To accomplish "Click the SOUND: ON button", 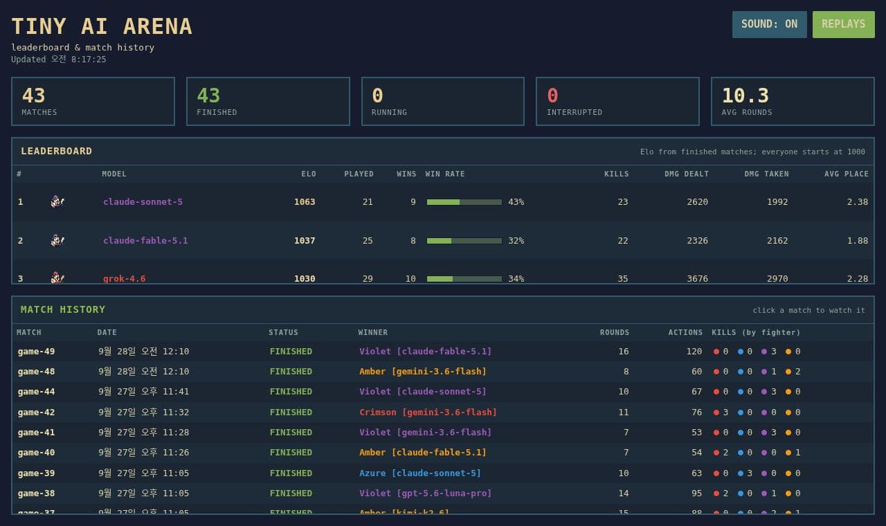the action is pyautogui.click(x=769, y=24).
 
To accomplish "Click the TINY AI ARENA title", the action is pyautogui.click(x=102, y=26).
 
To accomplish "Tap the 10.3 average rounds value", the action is pyautogui.click(x=745, y=96).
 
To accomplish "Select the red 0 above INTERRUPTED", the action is pyautogui.click(x=552, y=96).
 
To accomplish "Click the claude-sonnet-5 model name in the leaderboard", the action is pyautogui.click(x=143, y=201).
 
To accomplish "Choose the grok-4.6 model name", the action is pyautogui.click(x=124, y=278).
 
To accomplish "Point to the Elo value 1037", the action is pyautogui.click(x=305, y=240).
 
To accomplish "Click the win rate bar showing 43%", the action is pyautogui.click(x=464, y=202).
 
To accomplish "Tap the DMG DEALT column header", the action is pyautogui.click(x=686, y=174).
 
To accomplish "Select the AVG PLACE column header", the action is pyautogui.click(x=847, y=174).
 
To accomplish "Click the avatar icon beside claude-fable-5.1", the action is pyautogui.click(x=57, y=240).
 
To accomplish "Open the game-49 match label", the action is pyautogui.click(x=37, y=351).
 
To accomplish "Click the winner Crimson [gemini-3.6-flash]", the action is pyautogui.click(x=428, y=412).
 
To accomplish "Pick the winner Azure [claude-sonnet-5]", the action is pyautogui.click(x=420, y=473).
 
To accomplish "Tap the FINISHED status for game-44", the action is pyautogui.click(x=291, y=392).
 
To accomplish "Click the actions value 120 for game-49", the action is pyautogui.click(x=694, y=351).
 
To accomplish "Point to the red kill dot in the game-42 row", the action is pyautogui.click(x=716, y=412).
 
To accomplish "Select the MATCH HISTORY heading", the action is pyautogui.click(x=63, y=309).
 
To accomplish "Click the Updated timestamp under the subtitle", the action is pyautogui.click(x=59, y=60).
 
